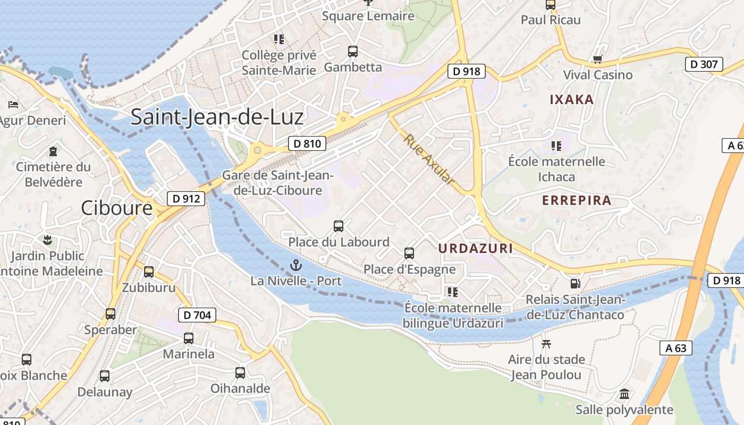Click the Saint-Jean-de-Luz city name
[217, 117]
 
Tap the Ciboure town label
[117, 208]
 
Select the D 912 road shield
[186, 199]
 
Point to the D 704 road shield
[197, 315]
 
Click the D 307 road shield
[704, 65]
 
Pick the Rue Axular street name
[429, 159]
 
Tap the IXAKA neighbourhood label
[571, 99]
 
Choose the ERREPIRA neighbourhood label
[577, 200]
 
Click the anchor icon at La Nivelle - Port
[295, 265]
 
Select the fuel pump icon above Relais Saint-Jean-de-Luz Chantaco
[574, 284]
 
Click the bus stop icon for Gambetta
[353, 52]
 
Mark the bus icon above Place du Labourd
[339, 226]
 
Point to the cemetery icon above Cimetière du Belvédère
[53, 151]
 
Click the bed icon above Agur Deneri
[14, 105]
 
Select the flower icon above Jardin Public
[48, 240]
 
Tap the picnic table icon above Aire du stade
[546, 344]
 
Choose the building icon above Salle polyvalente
[624, 394]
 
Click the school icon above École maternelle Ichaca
[556, 146]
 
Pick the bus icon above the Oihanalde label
[240, 373]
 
